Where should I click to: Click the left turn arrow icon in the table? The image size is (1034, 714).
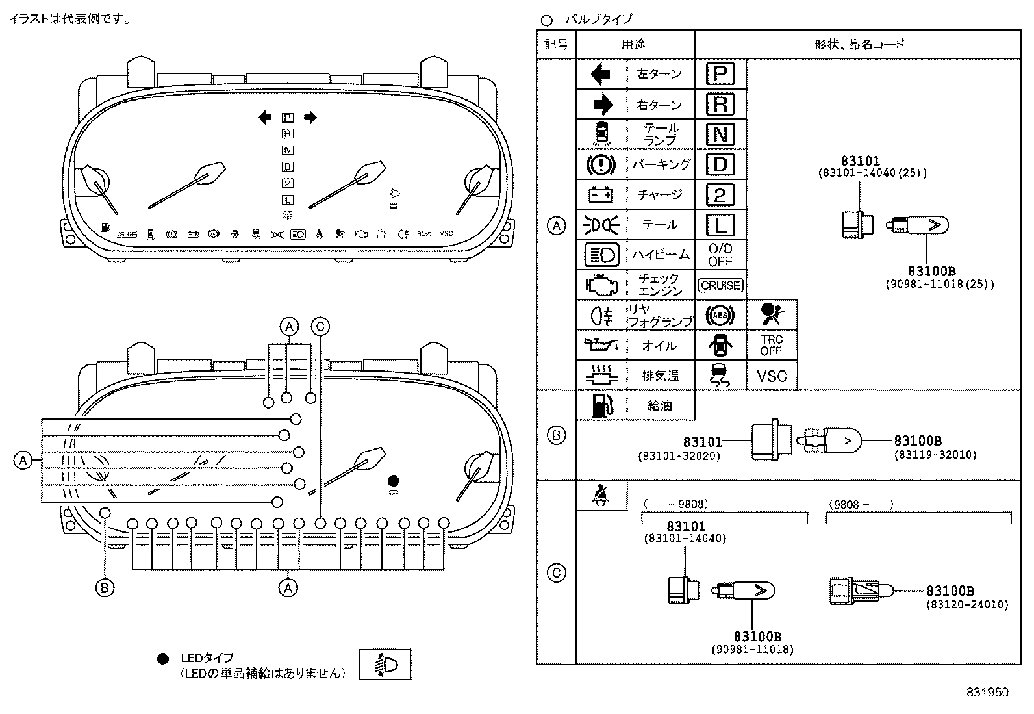pos(601,74)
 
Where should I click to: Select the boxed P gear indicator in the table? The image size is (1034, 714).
pos(720,74)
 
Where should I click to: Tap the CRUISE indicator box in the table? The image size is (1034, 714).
pos(720,285)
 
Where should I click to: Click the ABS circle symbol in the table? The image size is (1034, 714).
pos(720,316)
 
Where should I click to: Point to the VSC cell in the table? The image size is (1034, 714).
pos(772,376)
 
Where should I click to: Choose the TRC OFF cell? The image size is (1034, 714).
pos(772,345)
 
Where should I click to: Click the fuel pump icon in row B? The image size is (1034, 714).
pos(601,405)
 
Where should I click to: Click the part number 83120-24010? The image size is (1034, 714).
pos(967,604)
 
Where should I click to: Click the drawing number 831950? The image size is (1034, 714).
pos(987,692)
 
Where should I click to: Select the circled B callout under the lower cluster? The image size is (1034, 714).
pos(105,588)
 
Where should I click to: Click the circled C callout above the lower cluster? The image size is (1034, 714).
pos(320,326)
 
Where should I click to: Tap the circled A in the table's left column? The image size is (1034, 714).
pos(557,225)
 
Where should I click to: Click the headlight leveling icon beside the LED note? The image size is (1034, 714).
pos(385,665)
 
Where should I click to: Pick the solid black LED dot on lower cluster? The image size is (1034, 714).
pos(393,481)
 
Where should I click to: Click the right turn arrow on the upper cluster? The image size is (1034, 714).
pos(310,118)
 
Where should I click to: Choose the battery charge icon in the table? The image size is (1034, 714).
pos(601,194)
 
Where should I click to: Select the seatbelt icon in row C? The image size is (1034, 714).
pos(601,496)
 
